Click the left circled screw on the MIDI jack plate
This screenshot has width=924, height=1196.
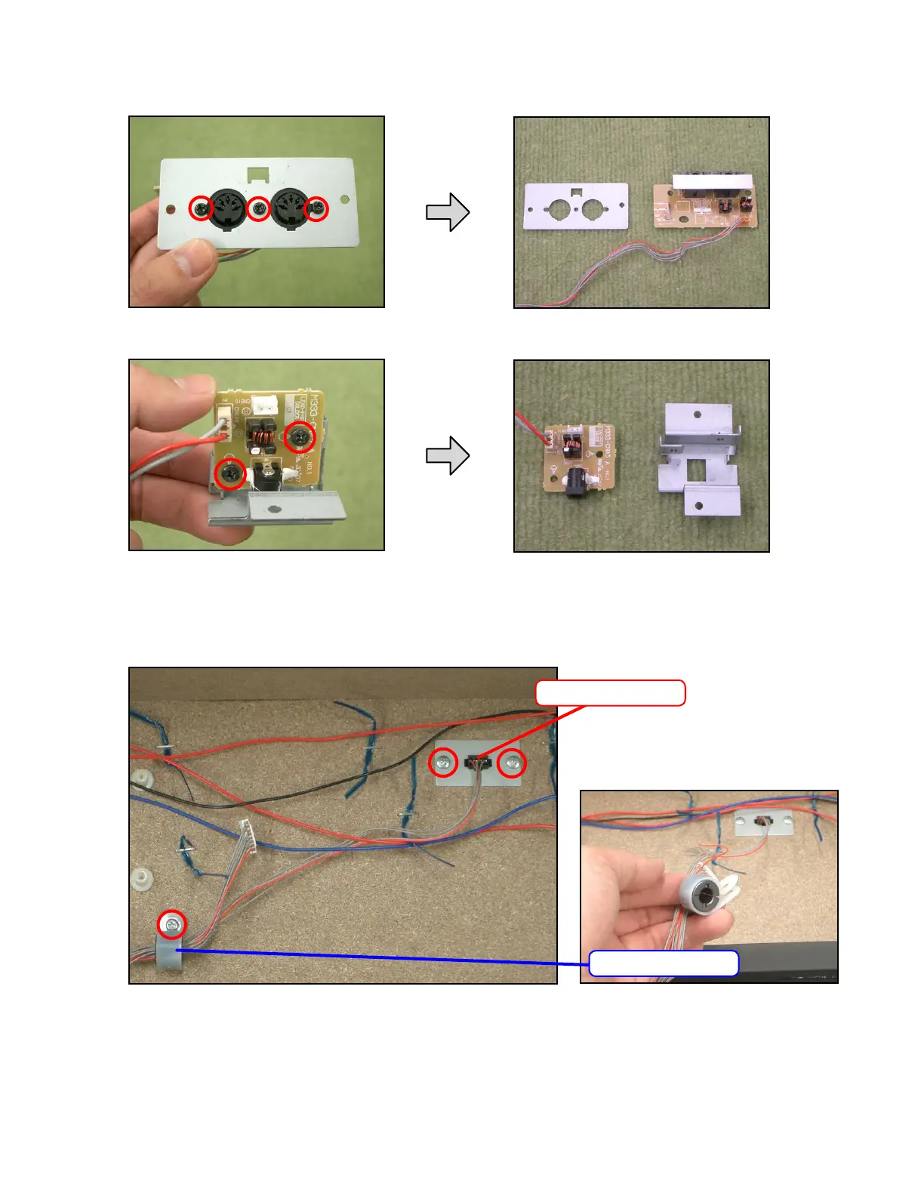tap(201, 208)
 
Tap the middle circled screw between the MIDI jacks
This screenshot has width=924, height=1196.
tap(259, 208)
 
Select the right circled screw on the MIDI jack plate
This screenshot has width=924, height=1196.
tap(317, 208)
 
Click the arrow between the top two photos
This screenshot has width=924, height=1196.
tap(448, 212)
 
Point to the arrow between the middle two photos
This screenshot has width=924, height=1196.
tap(448, 455)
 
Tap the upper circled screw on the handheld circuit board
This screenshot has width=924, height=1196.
tap(300, 436)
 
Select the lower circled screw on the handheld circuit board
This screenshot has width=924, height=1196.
tap(230, 474)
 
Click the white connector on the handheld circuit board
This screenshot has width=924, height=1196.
tap(264, 405)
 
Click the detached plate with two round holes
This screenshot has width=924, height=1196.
tap(576, 207)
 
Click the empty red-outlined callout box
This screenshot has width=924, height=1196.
tap(610, 693)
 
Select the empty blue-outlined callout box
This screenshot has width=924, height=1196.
tap(663, 963)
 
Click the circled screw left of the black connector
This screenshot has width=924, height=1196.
tap(443, 763)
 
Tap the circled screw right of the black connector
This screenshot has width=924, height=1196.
tap(513, 763)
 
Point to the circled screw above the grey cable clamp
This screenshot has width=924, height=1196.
tap(172, 924)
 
